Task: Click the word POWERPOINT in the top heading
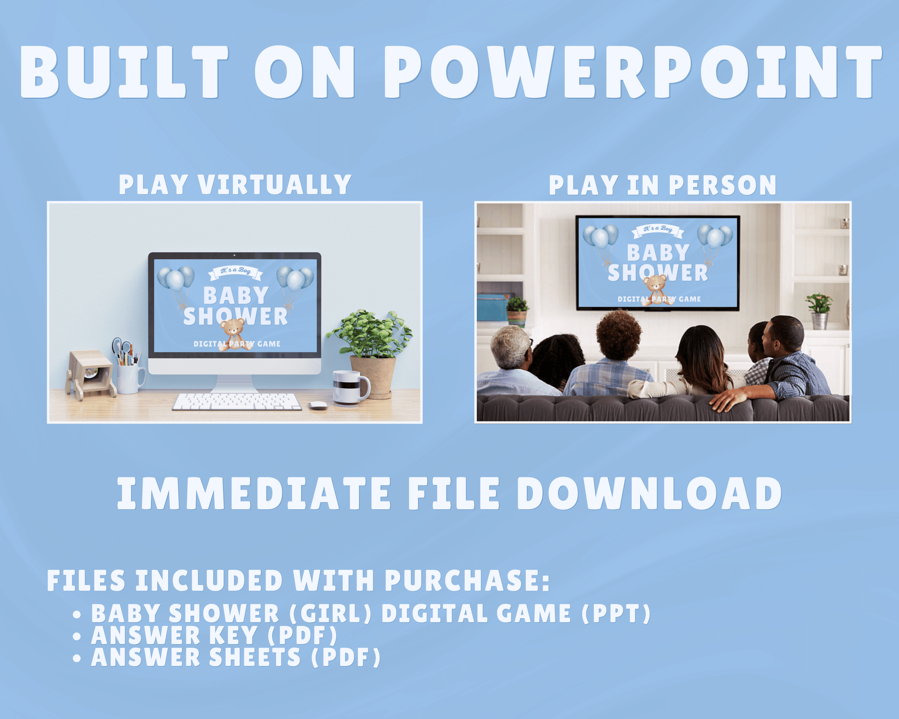(633, 72)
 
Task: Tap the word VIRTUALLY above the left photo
(275, 185)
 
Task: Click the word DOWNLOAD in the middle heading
(649, 493)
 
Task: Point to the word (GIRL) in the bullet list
(330, 614)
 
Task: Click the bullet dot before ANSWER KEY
(77, 637)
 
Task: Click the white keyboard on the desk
(237, 401)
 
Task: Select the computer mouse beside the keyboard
(318, 405)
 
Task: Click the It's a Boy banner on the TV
(658, 230)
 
